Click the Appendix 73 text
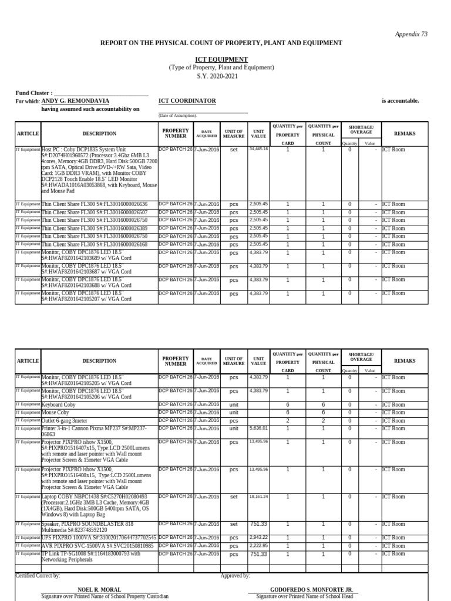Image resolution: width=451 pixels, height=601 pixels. [x=411, y=34]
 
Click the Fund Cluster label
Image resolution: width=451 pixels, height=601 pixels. [x=33, y=93]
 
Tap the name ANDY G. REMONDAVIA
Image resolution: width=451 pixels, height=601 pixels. [x=75, y=101]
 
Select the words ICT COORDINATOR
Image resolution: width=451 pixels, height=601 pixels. [x=187, y=101]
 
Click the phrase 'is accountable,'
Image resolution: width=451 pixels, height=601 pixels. [x=400, y=101]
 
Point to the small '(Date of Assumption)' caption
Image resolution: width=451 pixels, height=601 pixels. [x=178, y=116]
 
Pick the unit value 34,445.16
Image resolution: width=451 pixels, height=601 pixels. [x=258, y=149]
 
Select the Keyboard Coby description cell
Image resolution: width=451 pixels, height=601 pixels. [x=58, y=405]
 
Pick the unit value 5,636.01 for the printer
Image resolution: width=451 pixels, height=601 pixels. [x=258, y=428]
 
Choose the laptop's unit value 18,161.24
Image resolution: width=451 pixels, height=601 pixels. [x=258, y=497]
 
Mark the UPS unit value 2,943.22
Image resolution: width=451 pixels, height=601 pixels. [x=258, y=538]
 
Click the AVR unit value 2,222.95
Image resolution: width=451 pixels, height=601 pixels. [x=258, y=546]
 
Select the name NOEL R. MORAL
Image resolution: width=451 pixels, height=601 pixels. [x=99, y=589]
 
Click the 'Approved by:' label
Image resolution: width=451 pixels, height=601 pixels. [x=235, y=576]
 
